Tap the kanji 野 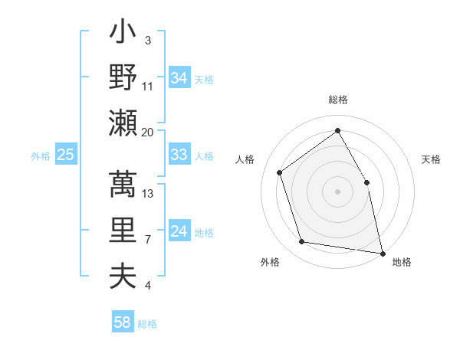pyautogui.click(x=123, y=77)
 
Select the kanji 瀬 pyautogui.click(x=123, y=123)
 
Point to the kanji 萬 pyautogui.click(x=123, y=185)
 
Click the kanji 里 pyautogui.click(x=123, y=230)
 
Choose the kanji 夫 pyautogui.click(x=123, y=276)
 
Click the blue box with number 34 pyautogui.click(x=179, y=77)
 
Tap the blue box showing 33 pyautogui.click(x=179, y=155)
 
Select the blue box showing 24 pyautogui.click(x=179, y=232)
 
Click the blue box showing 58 pyautogui.click(x=123, y=322)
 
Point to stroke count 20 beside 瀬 pyautogui.click(x=147, y=132)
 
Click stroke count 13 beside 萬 pyautogui.click(x=149, y=193)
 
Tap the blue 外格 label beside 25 pyautogui.click(x=41, y=156)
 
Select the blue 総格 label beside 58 pyautogui.click(x=147, y=323)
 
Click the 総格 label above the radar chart pyautogui.click(x=337, y=100)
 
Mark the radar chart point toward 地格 pyautogui.click(x=381, y=253)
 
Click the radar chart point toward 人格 pyautogui.click(x=280, y=172)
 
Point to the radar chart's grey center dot pyautogui.click(x=337, y=191)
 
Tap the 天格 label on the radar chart pyautogui.click(x=432, y=159)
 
